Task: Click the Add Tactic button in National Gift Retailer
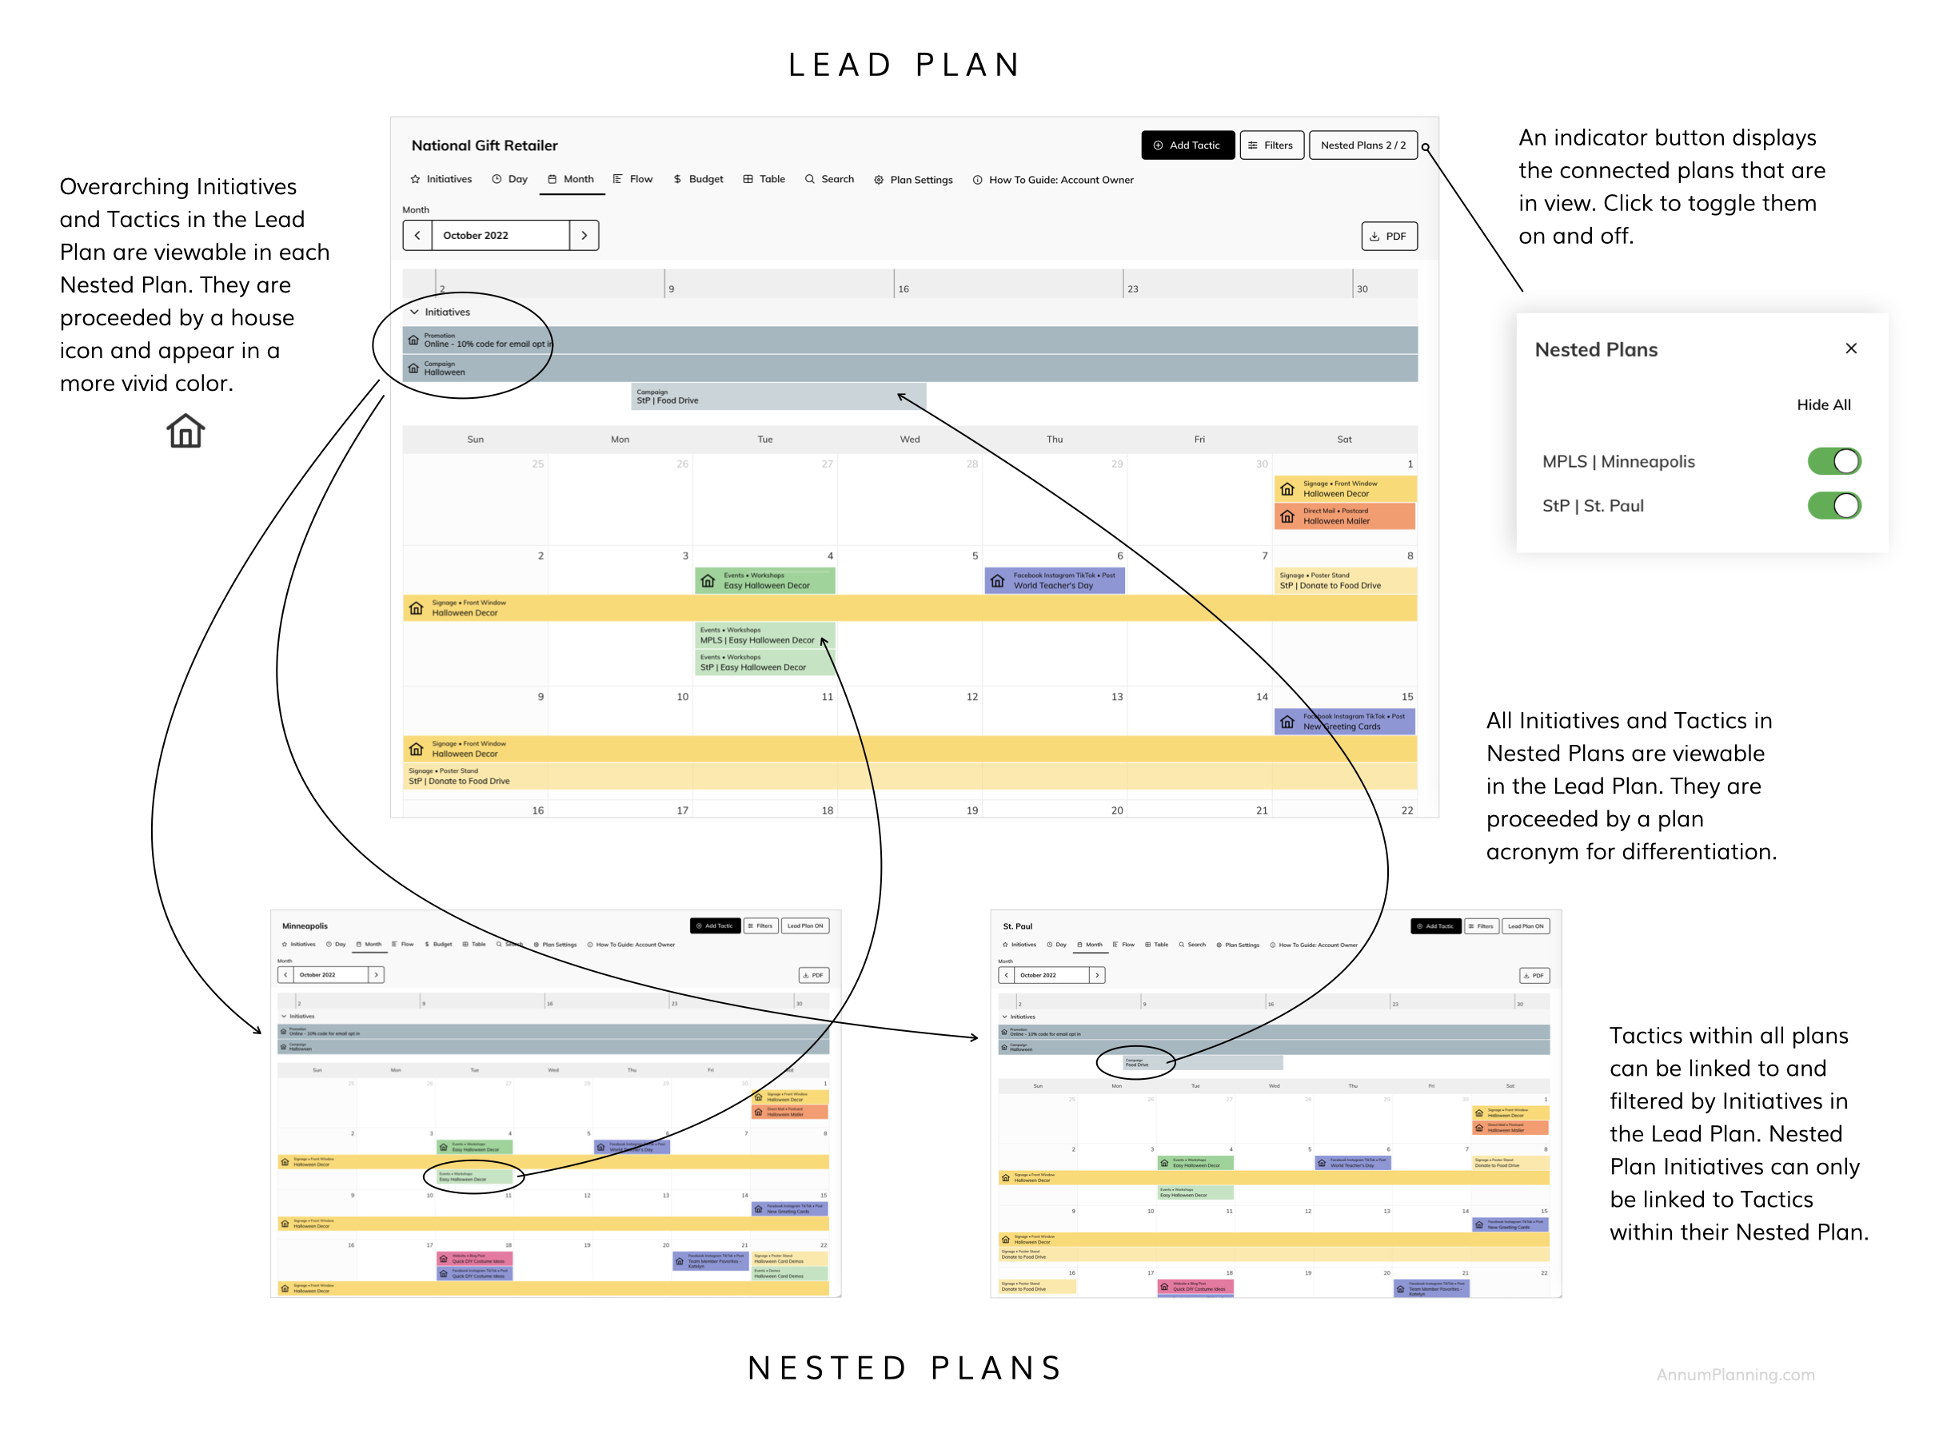[x=1187, y=145]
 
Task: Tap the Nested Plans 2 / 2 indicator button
[x=1362, y=145]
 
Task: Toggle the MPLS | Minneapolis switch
[x=1833, y=461]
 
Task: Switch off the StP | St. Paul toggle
[x=1833, y=505]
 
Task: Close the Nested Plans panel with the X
[x=1850, y=348]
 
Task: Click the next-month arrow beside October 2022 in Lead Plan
[x=584, y=235]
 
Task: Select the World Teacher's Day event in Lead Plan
[x=1054, y=580]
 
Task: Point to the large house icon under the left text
[x=186, y=431]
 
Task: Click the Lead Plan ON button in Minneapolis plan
[x=805, y=925]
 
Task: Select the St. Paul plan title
[x=1017, y=926]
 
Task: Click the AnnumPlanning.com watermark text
[x=1735, y=1375]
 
